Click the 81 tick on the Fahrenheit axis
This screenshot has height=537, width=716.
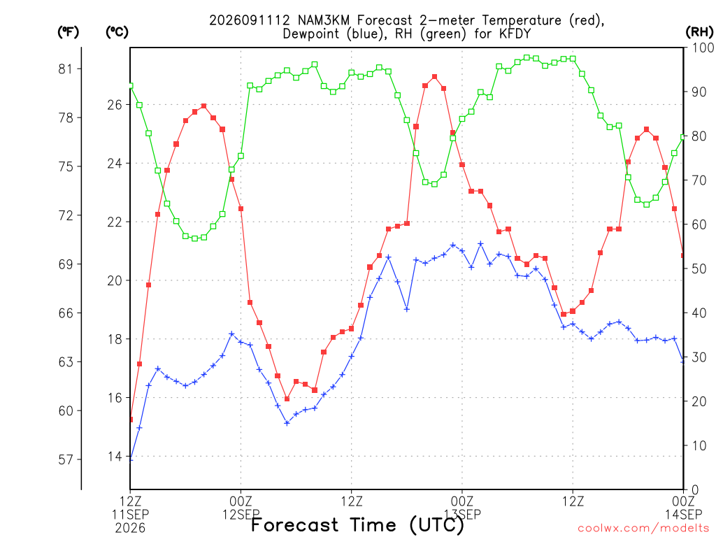[66, 69]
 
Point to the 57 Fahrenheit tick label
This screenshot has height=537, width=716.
[66, 459]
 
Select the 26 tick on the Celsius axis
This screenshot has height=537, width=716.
[115, 105]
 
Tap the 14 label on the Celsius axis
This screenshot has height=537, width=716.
[115, 456]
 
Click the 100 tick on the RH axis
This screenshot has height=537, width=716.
[703, 48]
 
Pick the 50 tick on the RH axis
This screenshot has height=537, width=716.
[699, 268]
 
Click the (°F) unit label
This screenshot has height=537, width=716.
[68, 32]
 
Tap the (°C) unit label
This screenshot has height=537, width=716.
[117, 32]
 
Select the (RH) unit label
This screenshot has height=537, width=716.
[699, 32]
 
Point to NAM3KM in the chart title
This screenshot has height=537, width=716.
[323, 20]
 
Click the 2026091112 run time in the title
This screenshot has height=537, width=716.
[250, 20]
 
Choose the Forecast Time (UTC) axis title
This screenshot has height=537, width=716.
[357, 524]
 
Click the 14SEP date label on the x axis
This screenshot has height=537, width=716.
[683, 515]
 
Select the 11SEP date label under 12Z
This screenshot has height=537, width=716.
[130, 515]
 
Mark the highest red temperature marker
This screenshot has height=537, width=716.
[435, 77]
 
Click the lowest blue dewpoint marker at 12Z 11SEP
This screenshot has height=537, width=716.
[131, 458]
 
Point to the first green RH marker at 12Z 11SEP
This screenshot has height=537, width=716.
[131, 85]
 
